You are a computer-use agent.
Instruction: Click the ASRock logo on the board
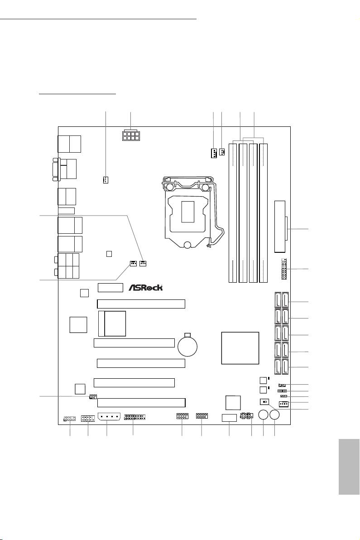click(x=146, y=287)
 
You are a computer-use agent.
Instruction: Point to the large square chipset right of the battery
click(x=240, y=347)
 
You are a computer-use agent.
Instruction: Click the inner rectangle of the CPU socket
click(x=187, y=209)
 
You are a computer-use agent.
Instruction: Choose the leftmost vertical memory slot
click(x=234, y=212)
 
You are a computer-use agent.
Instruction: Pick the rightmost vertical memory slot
click(x=263, y=212)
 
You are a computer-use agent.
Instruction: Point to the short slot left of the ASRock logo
click(x=110, y=287)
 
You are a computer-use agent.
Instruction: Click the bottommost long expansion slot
click(x=141, y=402)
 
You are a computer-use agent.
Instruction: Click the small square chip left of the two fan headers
click(x=109, y=254)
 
